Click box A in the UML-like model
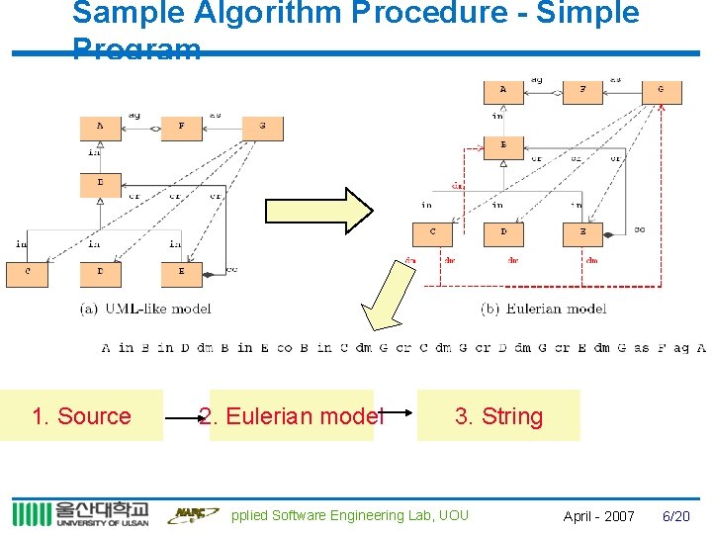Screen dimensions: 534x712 pos(100,128)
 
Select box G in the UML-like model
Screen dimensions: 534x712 pos(262,128)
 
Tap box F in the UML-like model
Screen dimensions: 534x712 pos(181,128)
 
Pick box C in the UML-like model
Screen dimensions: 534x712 pos(27,273)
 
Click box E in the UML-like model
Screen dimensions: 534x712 pos(181,273)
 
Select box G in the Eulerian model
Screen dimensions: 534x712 pos(661,91)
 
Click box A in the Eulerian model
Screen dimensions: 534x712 pos(503,91)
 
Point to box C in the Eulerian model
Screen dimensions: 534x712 pos(432,234)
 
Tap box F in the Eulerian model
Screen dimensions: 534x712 pos(582,91)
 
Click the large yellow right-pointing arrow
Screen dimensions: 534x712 pos(318,210)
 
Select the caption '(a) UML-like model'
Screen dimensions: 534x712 pos(145,309)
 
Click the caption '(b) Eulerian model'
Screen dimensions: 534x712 pos(544,309)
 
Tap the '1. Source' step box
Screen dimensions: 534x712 pos(81,416)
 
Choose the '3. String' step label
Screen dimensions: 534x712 pos(498,416)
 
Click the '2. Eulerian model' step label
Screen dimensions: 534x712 pos(291,416)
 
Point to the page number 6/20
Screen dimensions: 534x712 pos(676,515)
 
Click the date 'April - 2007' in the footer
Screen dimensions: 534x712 pos(599,515)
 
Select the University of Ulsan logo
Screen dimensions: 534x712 pos(80,513)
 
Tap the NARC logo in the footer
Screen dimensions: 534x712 pos(192,513)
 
